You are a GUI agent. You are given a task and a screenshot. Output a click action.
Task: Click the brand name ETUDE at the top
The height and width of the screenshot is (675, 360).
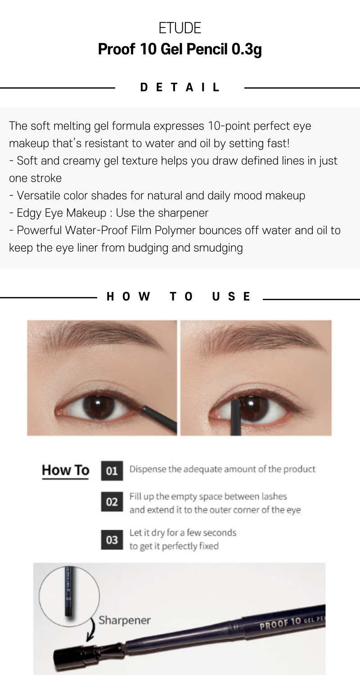coord(180,28)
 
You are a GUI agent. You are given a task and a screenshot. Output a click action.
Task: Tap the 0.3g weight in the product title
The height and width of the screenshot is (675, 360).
coord(247,49)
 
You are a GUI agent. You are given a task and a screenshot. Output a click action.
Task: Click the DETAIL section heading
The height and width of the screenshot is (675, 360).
coord(180,87)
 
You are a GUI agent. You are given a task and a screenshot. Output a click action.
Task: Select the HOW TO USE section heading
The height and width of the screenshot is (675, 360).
coord(178,297)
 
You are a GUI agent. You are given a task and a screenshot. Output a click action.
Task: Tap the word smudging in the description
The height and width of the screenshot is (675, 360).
coord(218,248)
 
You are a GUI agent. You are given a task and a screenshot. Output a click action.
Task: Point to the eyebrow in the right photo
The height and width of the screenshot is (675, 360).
coord(259,339)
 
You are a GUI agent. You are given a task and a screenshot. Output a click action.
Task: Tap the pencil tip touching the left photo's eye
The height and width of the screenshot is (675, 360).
coord(144,409)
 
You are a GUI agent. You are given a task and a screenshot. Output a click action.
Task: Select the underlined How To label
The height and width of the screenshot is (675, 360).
coord(65,470)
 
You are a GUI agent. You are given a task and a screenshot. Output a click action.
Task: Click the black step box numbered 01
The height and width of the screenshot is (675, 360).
coord(112,471)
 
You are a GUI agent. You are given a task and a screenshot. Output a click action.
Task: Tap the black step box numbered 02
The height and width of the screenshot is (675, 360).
coord(112,502)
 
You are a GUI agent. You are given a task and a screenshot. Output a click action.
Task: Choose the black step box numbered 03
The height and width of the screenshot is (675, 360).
coord(112,540)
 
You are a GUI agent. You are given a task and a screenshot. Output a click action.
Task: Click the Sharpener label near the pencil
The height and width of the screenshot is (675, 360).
coord(124,620)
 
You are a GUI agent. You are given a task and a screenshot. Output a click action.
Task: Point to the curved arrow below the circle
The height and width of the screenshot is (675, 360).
coord(91,629)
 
